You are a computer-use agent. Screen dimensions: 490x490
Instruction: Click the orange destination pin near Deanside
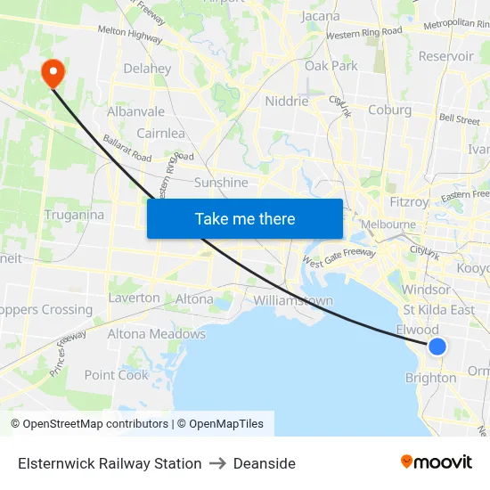tap(53, 71)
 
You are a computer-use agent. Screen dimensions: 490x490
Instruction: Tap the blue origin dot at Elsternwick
tap(437, 347)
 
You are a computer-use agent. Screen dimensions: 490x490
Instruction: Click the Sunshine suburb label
tap(221, 183)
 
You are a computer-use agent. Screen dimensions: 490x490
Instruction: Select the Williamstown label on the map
tap(293, 300)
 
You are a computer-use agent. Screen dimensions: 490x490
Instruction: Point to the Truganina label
tap(74, 215)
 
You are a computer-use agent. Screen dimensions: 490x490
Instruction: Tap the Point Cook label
tap(117, 375)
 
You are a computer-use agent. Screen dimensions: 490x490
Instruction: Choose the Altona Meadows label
tap(157, 334)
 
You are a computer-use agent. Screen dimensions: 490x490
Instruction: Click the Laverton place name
tap(135, 298)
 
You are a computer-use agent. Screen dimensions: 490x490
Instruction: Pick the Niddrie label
tap(287, 102)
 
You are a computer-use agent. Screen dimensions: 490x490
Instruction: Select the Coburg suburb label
tap(389, 110)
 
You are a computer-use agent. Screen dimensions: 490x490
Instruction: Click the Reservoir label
tap(445, 56)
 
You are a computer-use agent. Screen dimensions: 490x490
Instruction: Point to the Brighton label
tap(430, 378)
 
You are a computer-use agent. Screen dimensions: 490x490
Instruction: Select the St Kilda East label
tap(438, 309)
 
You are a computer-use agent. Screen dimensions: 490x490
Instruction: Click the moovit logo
tap(437, 462)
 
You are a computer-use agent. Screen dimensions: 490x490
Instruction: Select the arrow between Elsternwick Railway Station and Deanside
tap(217, 463)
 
